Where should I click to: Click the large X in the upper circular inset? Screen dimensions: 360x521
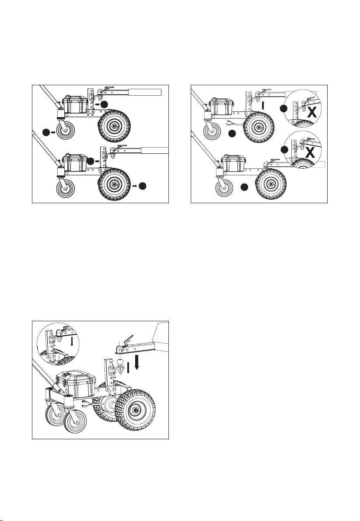[x=312, y=113]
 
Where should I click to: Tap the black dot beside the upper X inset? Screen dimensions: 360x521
[x=283, y=109]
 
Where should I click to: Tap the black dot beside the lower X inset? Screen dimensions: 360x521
[x=284, y=149]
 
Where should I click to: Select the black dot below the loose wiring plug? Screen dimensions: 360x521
[x=232, y=134]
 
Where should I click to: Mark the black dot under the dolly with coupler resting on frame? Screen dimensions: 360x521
[x=244, y=188]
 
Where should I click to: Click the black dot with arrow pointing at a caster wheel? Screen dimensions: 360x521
[x=46, y=132]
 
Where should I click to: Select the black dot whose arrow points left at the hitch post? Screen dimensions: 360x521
[x=105, y=104]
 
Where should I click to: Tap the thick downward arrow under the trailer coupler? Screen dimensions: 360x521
[x=136, y=362]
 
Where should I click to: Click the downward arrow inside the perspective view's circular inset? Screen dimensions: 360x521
[x=72, y=340]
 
